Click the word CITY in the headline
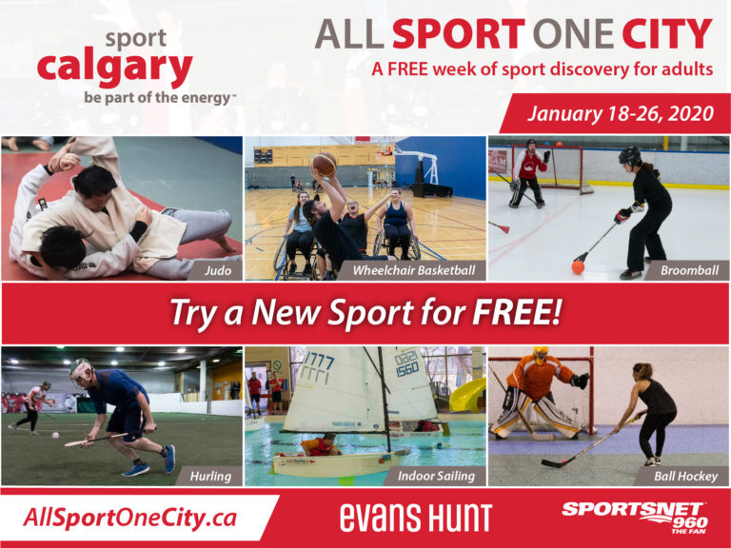pos(666,34)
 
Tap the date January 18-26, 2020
pos(620,114)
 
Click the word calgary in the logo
pos(114,68)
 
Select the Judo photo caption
pos(218,270)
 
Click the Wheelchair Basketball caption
pos(414,270)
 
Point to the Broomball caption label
pos(689,270)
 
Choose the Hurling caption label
pos(210,477)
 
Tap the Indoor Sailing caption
pos(436,477)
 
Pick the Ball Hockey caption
pos(685,477)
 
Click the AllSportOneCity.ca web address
pos(129,518)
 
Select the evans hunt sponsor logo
pos(416,518)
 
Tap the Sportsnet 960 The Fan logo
pos(635,518)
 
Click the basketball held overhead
pos(325,164)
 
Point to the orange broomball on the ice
pos(578,267)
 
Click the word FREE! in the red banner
pos(516,312)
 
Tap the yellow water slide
pos(467,396)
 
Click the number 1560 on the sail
pos(407,368)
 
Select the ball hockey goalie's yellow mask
pos(541,355)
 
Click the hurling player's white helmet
pos(82,372)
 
